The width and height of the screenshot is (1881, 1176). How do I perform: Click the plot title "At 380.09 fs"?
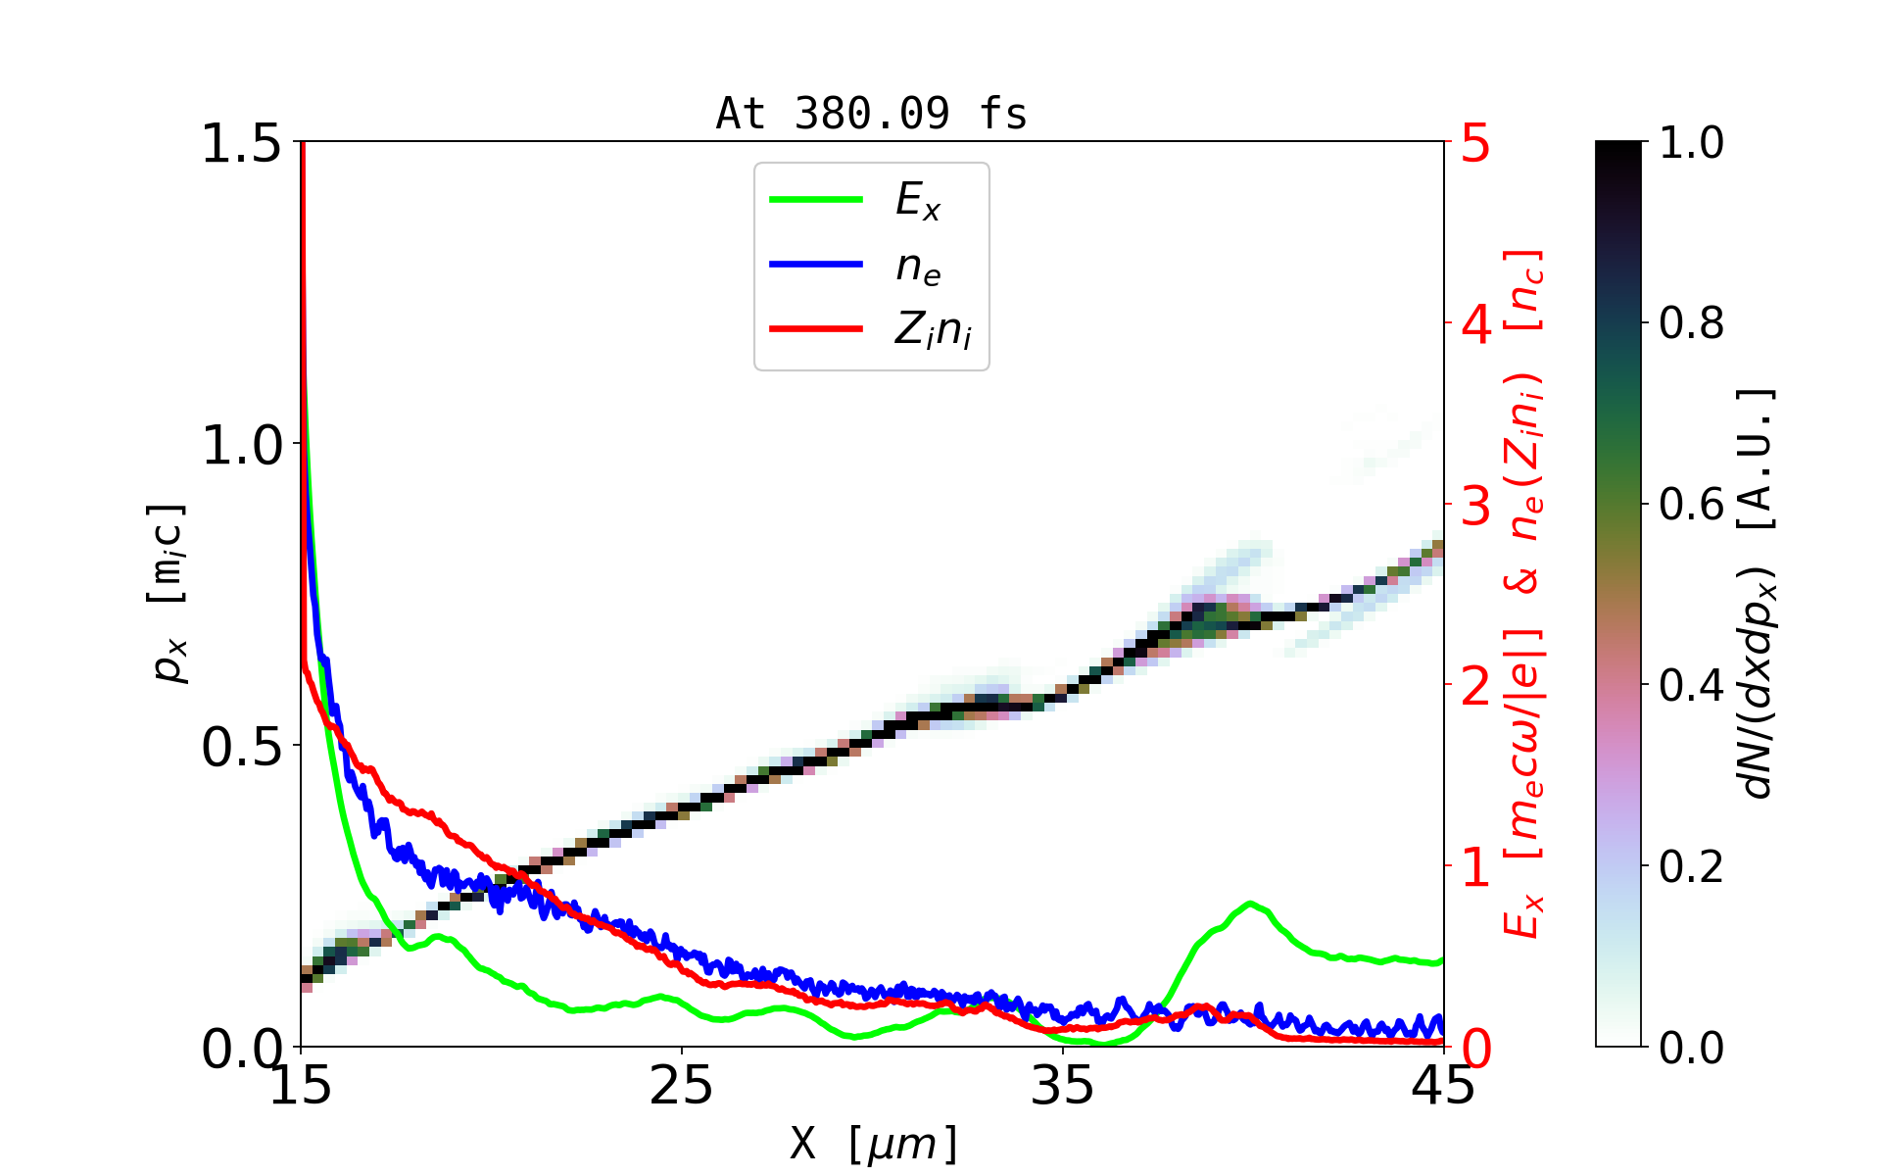pyautogui.click(x=871, y=114)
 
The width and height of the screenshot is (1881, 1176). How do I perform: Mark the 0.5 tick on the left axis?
pyautogui.click(x=240, y=748)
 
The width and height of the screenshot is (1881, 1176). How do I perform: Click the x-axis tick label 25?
pyautogui.click(x=681, y=1086)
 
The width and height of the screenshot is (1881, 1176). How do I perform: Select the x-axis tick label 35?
pyautogui.click(x=1063, y=1086)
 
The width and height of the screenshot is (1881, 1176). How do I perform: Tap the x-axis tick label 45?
pyautogui.click(x=1444, y=1086)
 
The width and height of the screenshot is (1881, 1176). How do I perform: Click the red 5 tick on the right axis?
pyautogui.click(x=1475, y=143)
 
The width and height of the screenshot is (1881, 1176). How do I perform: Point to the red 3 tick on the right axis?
pyautogui.click(x=1475, y=506)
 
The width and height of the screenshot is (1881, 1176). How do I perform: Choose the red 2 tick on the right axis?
pyautogui.click(x=1475, y=687)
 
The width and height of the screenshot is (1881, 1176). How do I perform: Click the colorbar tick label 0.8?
pyautogui.click(x=1691, y=322)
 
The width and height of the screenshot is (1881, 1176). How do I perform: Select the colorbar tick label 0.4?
pyautogui.click(x=1691, y=685)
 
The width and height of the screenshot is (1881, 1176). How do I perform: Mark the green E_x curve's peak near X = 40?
pyautogui.click(x=1250, y=903)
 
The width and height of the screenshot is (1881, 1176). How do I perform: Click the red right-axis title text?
pyautogui.click(x=1524, y=594)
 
